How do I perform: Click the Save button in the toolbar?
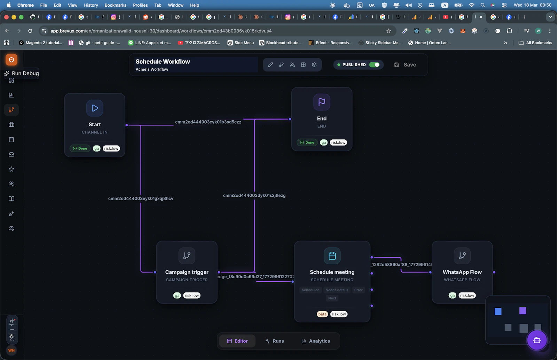pos(405,65)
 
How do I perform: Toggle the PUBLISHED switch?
pos(374,65)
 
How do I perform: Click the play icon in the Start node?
pos(95,108)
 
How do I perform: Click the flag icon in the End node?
pos(322,102)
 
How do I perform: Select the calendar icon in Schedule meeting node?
pos(332,256)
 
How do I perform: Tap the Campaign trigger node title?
pos(187,272)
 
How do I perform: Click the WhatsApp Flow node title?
pos(462,272)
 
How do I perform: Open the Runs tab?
pos(274,341)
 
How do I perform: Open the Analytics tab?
pos(315,341)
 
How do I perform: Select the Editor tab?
pos(237,341)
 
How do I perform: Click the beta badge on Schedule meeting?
pos(322,314)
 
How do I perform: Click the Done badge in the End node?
pos(307,142)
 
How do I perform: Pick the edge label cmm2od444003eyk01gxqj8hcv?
pos(141,198)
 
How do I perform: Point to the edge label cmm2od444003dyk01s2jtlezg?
pos(254,195)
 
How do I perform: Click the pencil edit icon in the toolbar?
pos(270,65)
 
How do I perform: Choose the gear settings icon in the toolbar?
pos(314,65)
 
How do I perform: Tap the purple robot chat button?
pos(537,340)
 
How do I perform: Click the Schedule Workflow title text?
pos(163,62)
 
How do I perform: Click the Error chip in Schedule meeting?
pos(358,290)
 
